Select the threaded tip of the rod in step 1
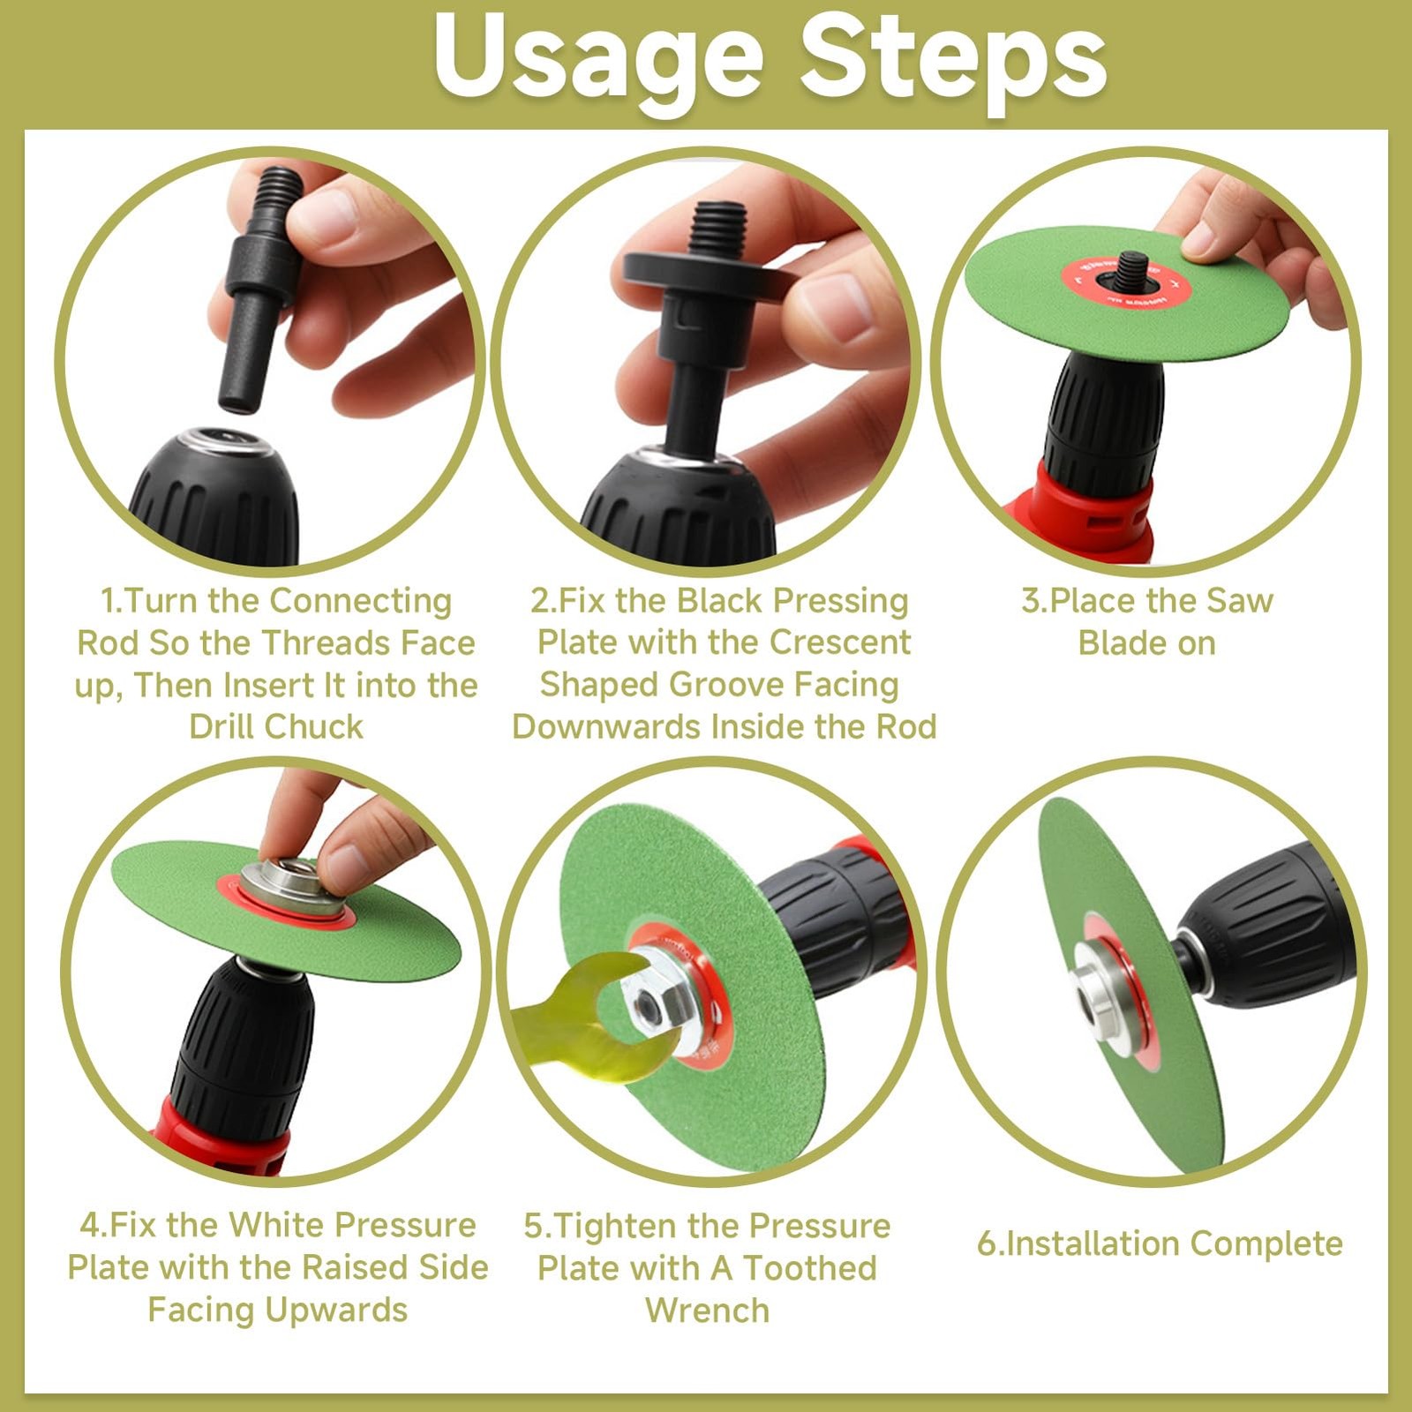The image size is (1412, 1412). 275,198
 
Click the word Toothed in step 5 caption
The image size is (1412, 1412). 810,1268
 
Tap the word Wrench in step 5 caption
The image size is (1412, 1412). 708,1311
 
